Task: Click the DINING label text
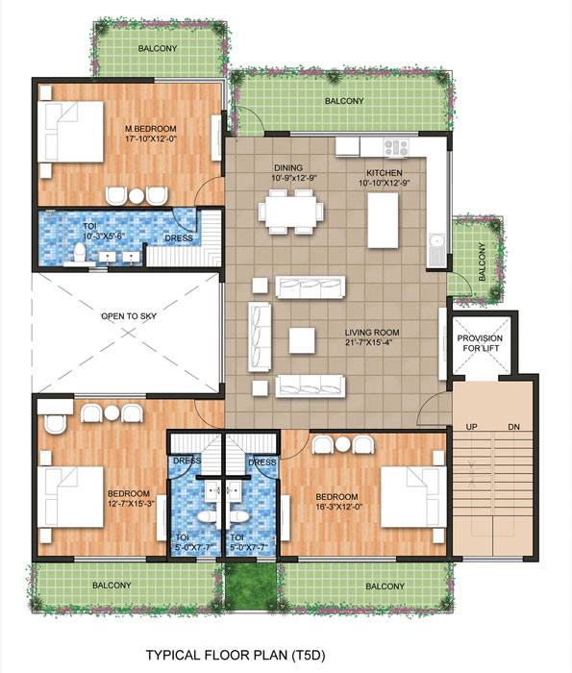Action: pos(288,166)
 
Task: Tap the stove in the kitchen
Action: pos(396,147)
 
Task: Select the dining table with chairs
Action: pos(289,210)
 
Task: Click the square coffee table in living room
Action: pos(302,339)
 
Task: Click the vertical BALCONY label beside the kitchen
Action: pos(481,261)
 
